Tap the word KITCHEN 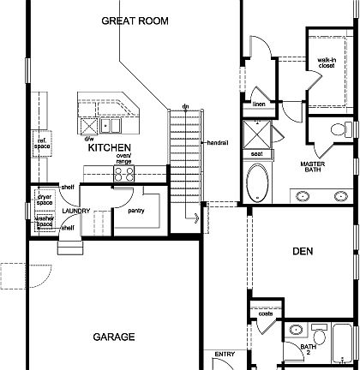tap(108, 148)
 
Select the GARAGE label tap(113, 337)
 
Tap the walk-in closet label tap(326, 64)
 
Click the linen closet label tap(258, 104)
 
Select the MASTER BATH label tap(316, 167)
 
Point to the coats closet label tap(265, 337)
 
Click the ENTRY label tap(225, 354)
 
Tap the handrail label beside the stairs tap(216, 142)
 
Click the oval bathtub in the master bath tap(257, 182)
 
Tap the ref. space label tap(40, 143)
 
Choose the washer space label tap(45, 221)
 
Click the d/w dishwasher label tap(90, 138)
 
